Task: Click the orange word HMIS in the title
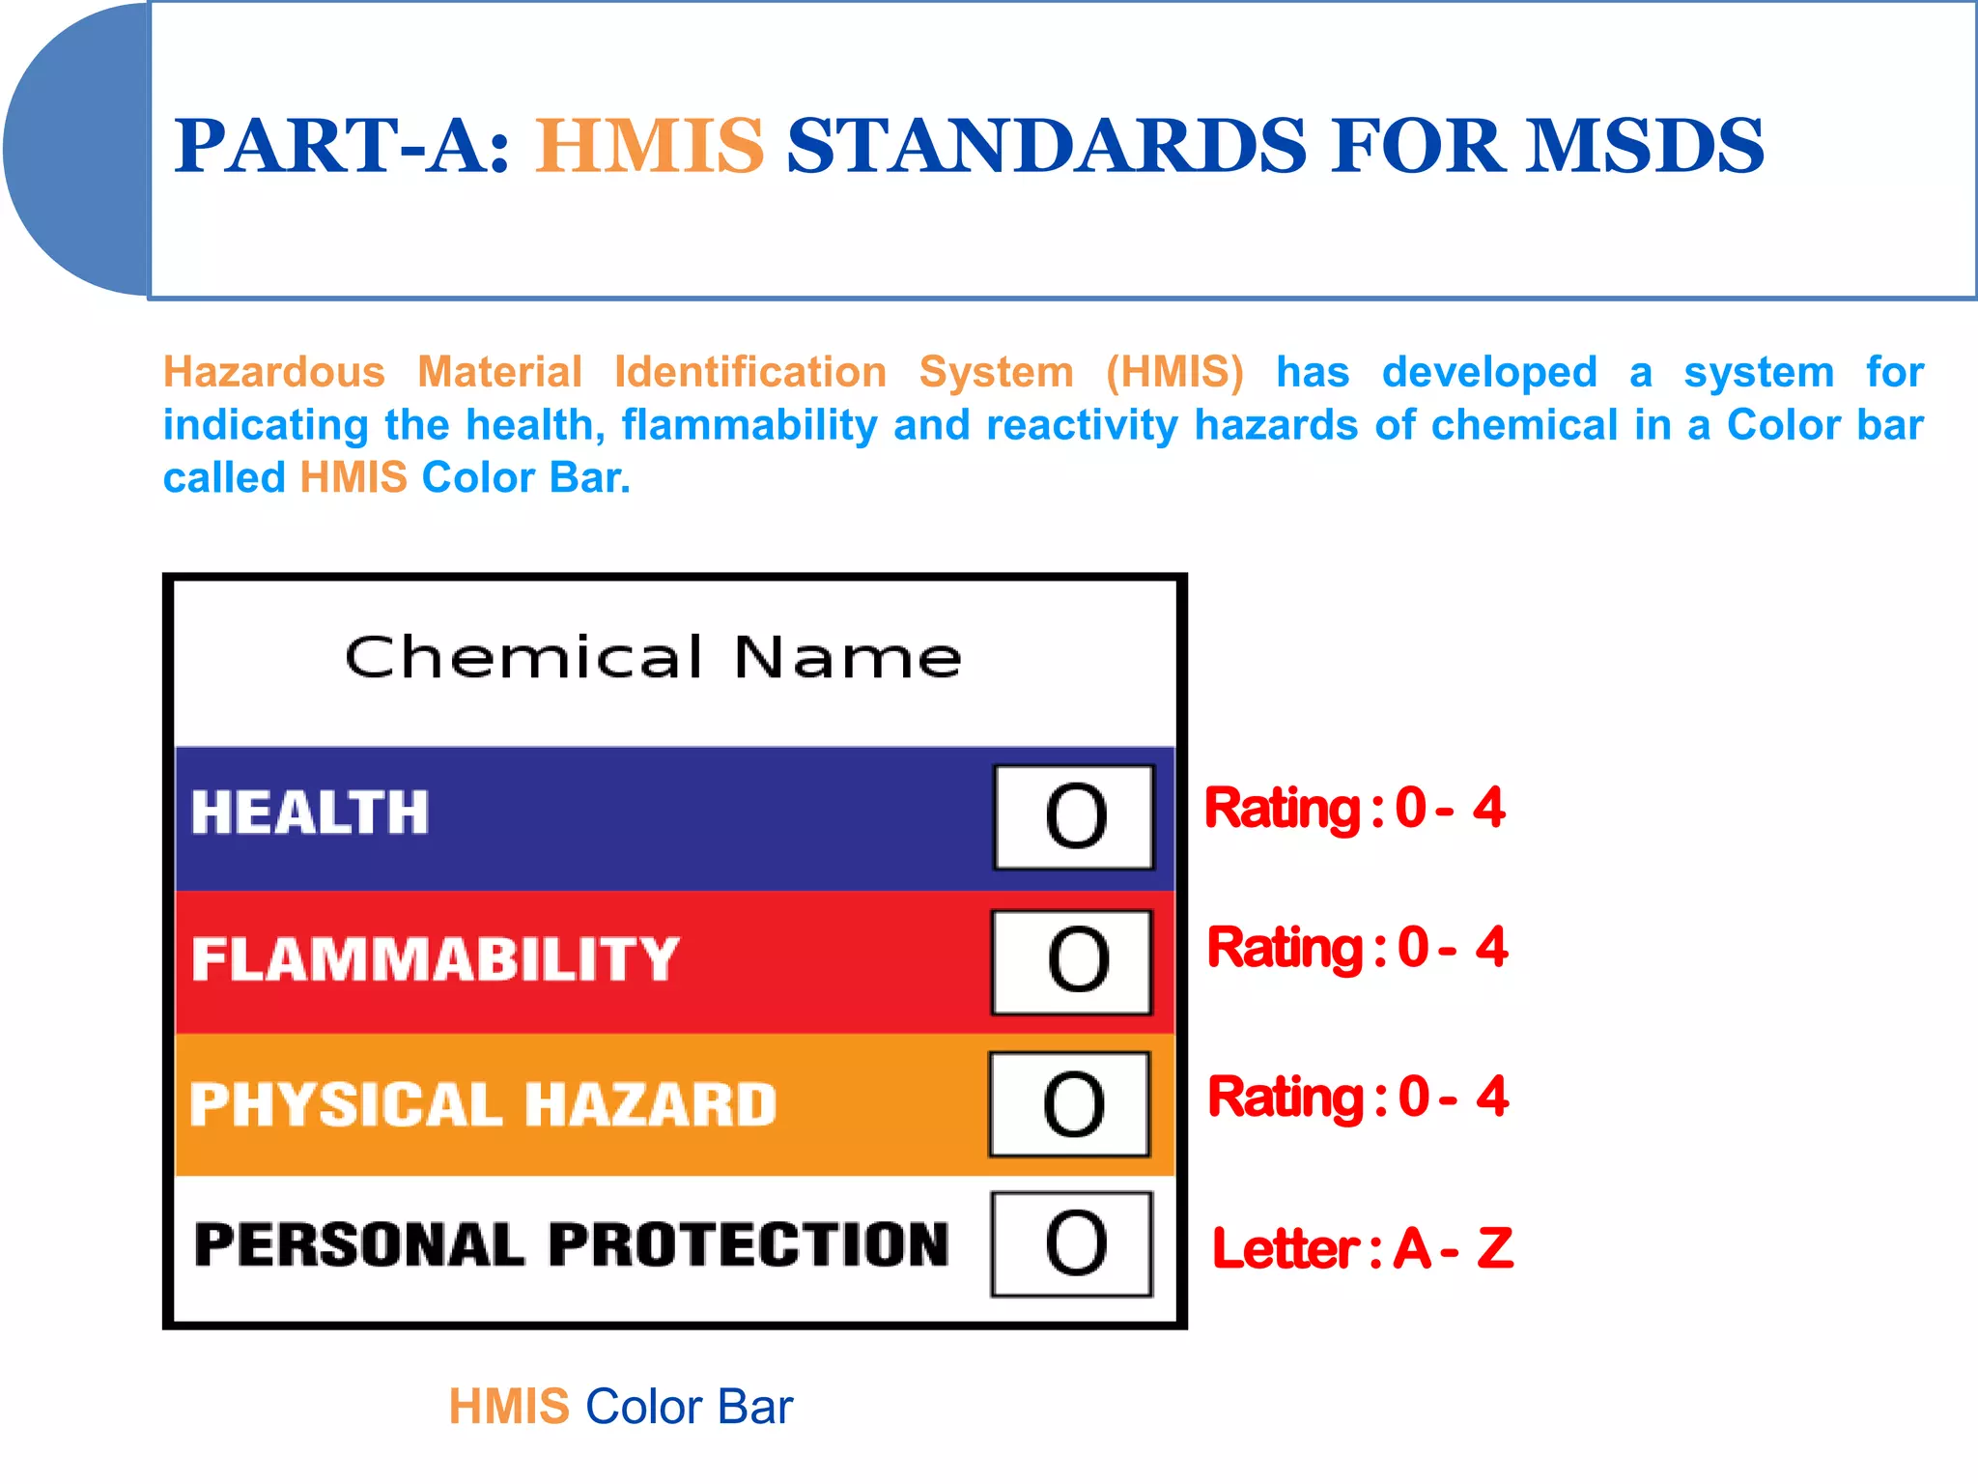[x=649, y=147]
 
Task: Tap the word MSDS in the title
[x=1644, y=147]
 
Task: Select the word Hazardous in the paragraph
[x=273, y=373]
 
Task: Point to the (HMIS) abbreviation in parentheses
[x=1173, y=373]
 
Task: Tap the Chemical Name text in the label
[x=653, y=659]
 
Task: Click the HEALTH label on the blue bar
[x=309, y=813]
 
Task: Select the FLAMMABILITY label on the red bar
[x=435, y=959]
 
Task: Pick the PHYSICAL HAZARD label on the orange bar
[x=483, y=1104]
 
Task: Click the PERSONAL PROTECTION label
[x=571, y=1244]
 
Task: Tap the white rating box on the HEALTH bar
[x=1074, y=817]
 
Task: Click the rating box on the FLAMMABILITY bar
[x=1072, y=961]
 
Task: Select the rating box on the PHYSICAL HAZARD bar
[x=1070, y=1104]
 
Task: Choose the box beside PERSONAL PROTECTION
[x=1072, y=1244]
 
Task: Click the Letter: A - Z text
[x=1362, y=1248]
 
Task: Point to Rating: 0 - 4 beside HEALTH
[x=1354, y=809]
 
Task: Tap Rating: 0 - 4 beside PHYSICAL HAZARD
[x=1357, y=1098]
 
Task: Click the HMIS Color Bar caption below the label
[x=620, y=1407]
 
